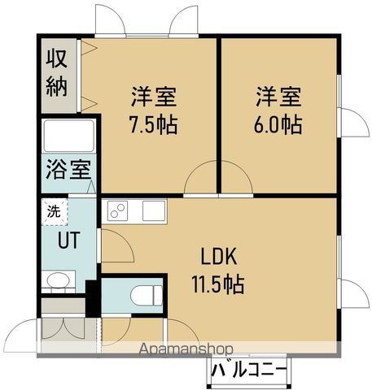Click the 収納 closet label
(56, 72)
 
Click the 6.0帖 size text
(278, 125)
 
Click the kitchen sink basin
(154, 211)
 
